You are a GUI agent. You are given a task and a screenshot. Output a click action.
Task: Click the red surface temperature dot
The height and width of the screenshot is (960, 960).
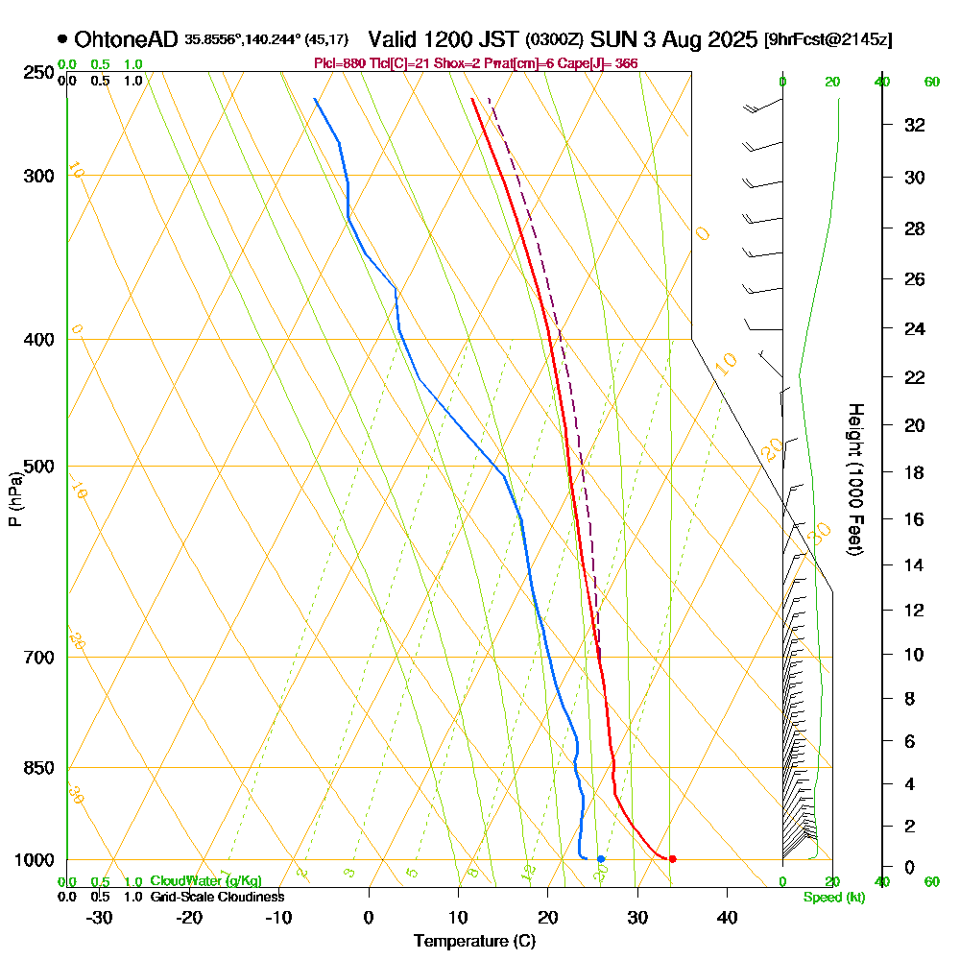[672, 858]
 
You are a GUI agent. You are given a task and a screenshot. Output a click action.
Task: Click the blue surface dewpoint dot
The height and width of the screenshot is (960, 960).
[601, 858]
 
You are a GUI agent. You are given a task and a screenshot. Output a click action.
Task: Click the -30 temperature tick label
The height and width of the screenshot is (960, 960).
[100, 917]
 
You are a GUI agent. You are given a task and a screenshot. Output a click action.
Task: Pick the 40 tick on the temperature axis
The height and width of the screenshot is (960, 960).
[727, 917]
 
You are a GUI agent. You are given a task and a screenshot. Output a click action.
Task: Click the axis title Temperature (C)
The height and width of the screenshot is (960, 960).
[474, 942]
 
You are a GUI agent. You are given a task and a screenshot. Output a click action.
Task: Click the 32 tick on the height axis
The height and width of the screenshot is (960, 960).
[915, 125]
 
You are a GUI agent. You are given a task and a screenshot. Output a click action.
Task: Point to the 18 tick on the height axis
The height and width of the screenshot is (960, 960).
[915, 472]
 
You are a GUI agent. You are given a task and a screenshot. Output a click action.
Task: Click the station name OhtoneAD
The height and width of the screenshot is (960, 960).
[126, 39]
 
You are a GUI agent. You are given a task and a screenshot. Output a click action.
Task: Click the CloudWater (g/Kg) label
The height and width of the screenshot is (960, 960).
[205, 881]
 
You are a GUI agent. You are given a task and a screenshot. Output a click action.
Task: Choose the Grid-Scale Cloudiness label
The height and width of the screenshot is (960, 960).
[217, 897]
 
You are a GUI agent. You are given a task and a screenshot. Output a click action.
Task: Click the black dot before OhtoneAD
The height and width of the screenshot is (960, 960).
[62, 39]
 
